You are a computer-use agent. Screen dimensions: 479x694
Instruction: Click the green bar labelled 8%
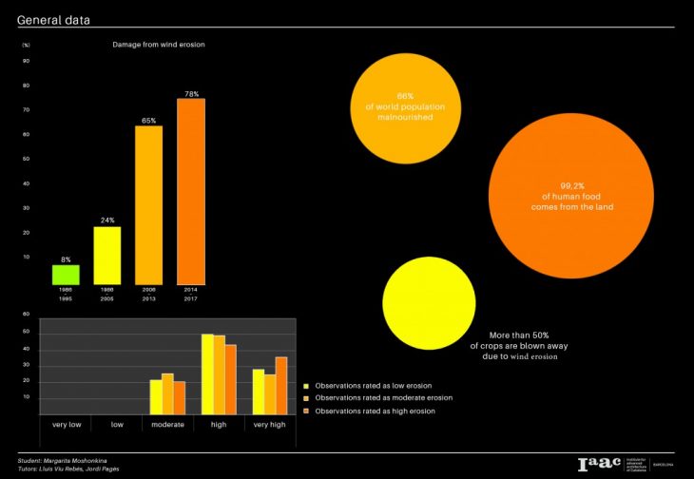(66, 274)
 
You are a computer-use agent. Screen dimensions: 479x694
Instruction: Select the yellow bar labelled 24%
(107, 255)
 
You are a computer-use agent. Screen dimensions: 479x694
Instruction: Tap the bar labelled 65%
(148, 204)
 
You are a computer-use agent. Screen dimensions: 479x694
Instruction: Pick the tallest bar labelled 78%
(190, 190)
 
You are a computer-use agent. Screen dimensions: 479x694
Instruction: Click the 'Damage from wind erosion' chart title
(159, 45)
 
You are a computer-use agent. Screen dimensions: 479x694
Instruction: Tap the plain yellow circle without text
(428, 303)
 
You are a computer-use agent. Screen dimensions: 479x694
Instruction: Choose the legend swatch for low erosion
(306, 387)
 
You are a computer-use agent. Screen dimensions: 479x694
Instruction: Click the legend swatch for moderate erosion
(306, 398)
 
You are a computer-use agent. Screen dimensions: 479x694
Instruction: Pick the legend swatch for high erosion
(306, 411)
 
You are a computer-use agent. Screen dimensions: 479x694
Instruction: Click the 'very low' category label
(67, 424)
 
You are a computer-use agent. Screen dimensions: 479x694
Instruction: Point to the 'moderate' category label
(167, 424)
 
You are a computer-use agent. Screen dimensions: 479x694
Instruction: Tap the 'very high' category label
(270, 424)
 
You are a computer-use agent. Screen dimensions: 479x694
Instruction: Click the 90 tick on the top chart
(26, 61)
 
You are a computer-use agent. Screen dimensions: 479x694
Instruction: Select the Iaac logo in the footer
(597, 463)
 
